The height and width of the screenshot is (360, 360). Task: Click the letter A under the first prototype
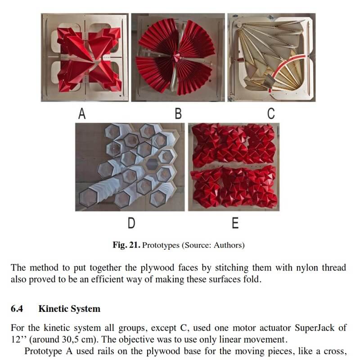coord(82,114)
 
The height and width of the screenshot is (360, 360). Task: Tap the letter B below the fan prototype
coord(178,114)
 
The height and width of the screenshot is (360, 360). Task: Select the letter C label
coord(271,114)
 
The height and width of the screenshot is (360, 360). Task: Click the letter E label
coord(234,223)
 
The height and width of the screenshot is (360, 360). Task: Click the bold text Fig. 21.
coord(126,245)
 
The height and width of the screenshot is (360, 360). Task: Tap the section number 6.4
coord(17,309)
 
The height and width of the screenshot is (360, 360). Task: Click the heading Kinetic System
coord(69,309)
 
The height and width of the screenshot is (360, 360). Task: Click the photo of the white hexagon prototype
coord(130,166)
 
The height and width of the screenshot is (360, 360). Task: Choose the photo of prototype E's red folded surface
coord(233,166)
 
